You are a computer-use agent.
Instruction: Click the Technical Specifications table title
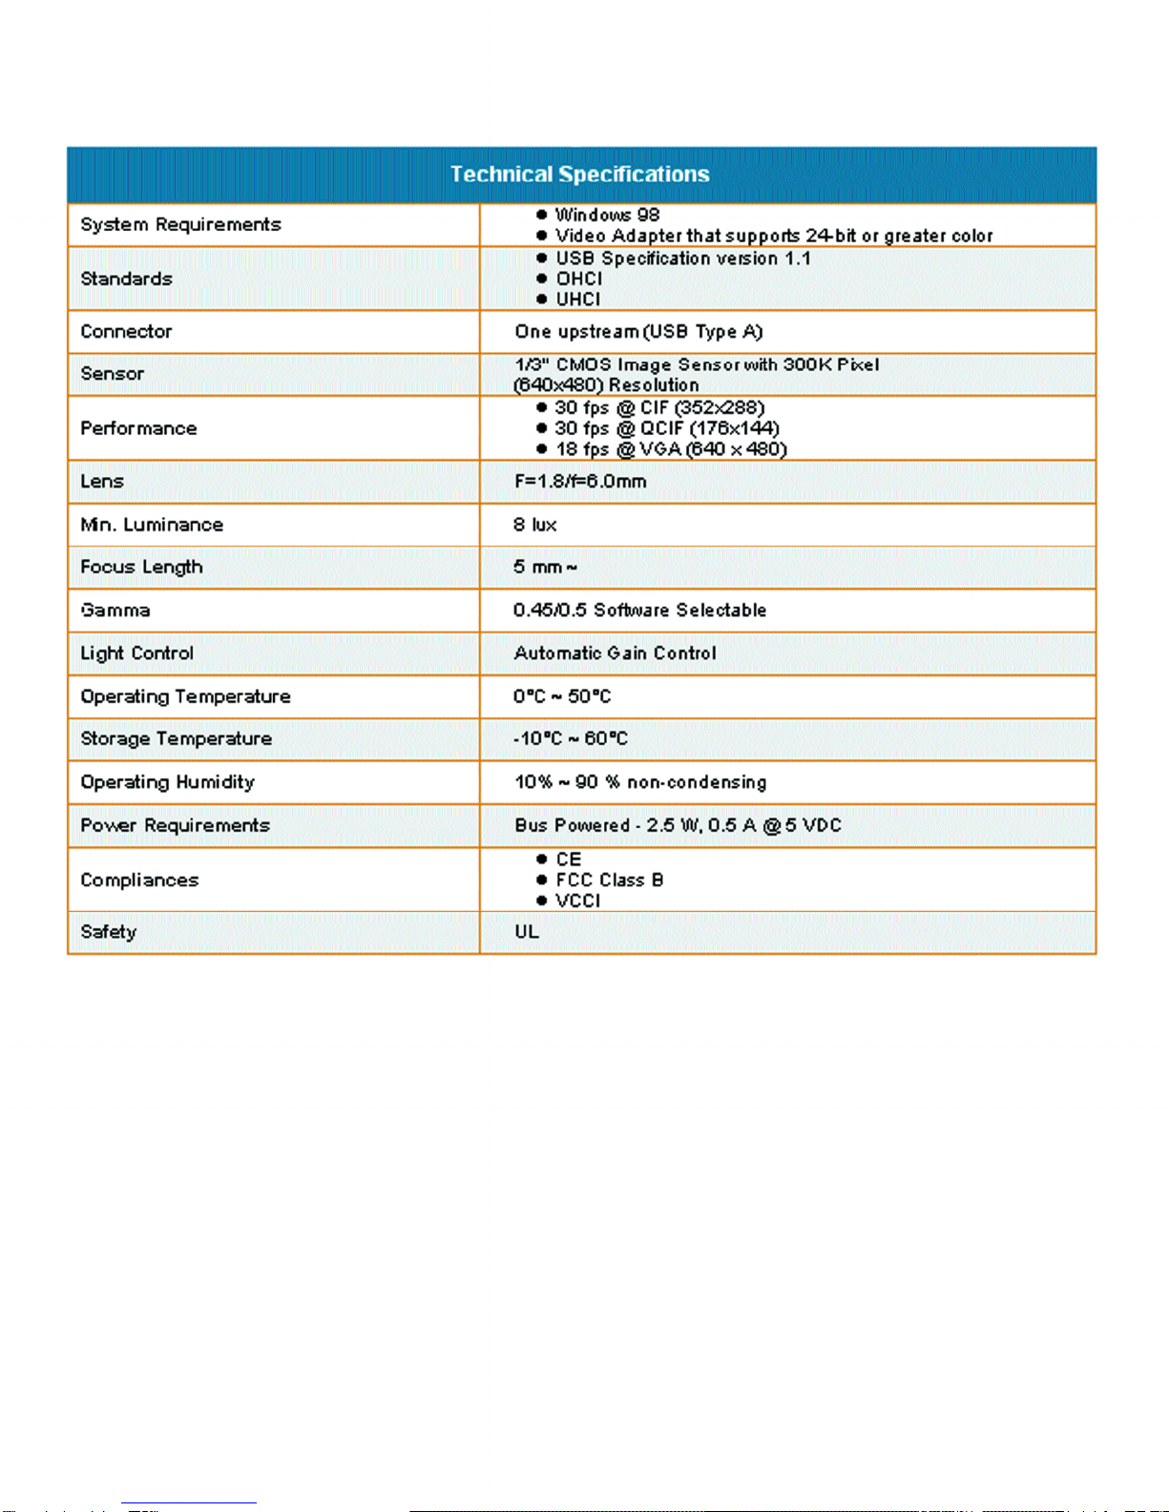(580, 175)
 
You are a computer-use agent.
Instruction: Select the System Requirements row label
(180, 225)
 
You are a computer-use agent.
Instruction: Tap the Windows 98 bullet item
(608, 215)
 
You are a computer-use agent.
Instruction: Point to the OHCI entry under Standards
(579, 279)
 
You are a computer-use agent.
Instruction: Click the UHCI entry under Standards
(578, 300)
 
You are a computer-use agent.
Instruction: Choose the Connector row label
(126, 332)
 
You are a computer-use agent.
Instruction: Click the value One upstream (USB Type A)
(638, 332)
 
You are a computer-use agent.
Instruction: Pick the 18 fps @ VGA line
(671, 449)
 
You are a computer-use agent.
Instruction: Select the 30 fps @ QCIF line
(667, 428)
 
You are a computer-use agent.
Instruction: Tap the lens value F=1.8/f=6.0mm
(580, 482)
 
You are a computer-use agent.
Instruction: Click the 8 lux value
(534, 525)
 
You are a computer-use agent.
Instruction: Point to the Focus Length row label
(141, 568)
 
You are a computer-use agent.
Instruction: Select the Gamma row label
(115, 611)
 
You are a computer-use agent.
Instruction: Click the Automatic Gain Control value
(615, 653)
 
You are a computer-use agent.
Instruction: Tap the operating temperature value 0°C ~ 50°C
(562, 696)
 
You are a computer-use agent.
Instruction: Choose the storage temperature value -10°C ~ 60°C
(571, 739)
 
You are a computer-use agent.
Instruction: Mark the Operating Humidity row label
(167, 782)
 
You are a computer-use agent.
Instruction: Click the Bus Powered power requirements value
(678, 825)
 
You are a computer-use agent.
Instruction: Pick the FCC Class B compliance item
(610, 880)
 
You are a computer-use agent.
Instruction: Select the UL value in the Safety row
(527, 932)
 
